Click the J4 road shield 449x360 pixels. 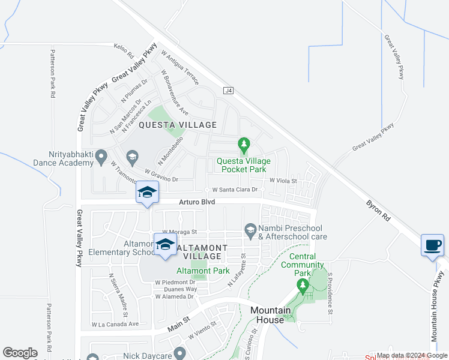click(x=228, y=91)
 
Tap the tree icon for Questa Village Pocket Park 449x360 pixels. click(x=244, y=145)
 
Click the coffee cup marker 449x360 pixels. click(x=433, y=245)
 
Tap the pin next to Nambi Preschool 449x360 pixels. click(x=250, y=229)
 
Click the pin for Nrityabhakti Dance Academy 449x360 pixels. click(x=101, y=156)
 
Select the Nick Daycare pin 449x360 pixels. click(x=178, y=354)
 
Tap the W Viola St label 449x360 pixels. click(x=283, y=179)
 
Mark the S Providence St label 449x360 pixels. click(x=330, y=293)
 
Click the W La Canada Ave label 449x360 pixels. click(x=115, y=324)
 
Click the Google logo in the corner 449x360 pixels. click(x=20, y=353)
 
